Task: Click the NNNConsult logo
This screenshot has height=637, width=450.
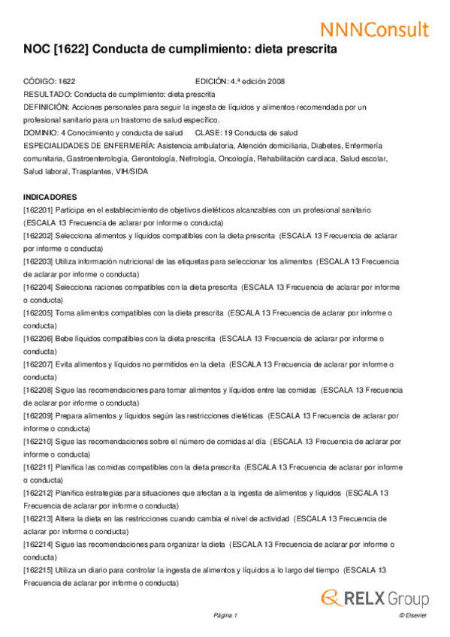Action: tap(375, 29)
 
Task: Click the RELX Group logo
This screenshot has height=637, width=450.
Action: tap(375, 598)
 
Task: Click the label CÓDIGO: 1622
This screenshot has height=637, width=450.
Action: tap(50, 81)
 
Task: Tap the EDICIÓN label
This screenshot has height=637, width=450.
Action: tap(211, 81)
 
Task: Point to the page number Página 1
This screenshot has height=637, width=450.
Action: tap(225, 616)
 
